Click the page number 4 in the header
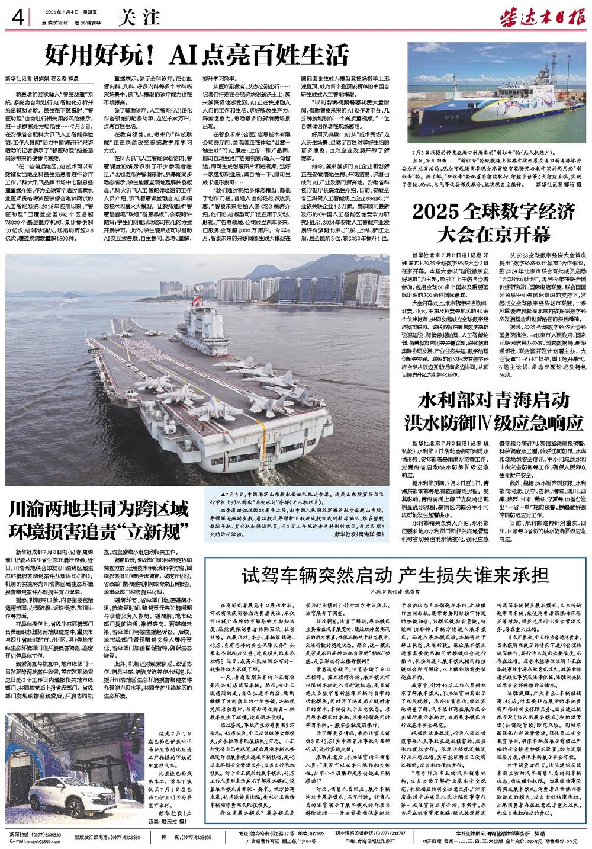tap(16, 18)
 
